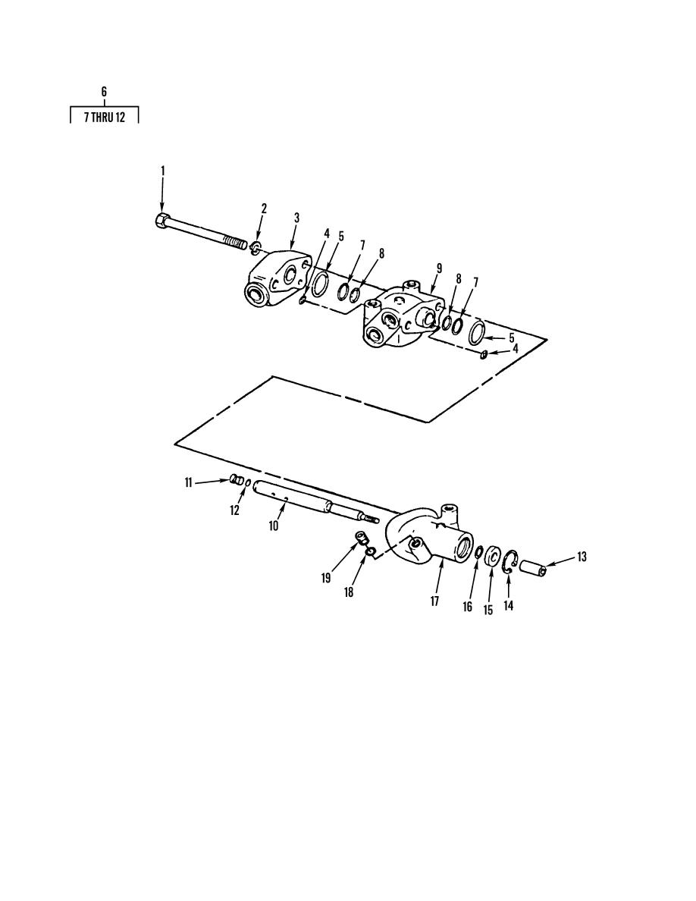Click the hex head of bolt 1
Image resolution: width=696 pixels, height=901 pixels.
162,221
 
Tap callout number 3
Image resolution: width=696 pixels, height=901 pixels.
296,218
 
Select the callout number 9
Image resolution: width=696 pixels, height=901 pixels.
439,268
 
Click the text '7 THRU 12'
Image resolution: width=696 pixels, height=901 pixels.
104,118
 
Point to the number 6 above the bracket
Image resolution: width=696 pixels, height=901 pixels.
104,91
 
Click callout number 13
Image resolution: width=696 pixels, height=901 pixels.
582,556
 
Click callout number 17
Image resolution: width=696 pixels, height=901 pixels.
434,601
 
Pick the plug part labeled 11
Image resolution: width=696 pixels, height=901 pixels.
236,479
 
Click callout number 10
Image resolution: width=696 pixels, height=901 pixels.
274,525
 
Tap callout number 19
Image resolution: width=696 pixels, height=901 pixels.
326,578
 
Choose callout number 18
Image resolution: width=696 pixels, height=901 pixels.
349,592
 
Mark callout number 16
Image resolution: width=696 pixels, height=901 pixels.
468,607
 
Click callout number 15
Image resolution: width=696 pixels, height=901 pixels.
488,610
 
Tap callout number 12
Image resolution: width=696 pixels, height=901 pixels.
234,510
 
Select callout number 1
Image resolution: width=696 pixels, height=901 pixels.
162,170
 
